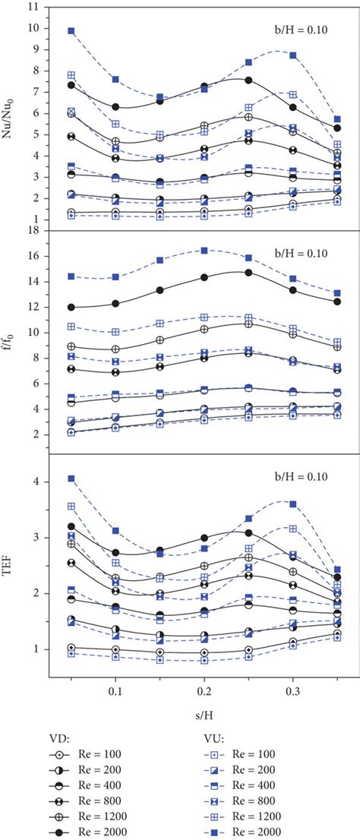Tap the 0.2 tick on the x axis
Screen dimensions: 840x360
pos(160,693)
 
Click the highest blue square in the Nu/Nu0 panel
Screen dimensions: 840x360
pos(71,31)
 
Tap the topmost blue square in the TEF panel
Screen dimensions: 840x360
pos(71,478)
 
